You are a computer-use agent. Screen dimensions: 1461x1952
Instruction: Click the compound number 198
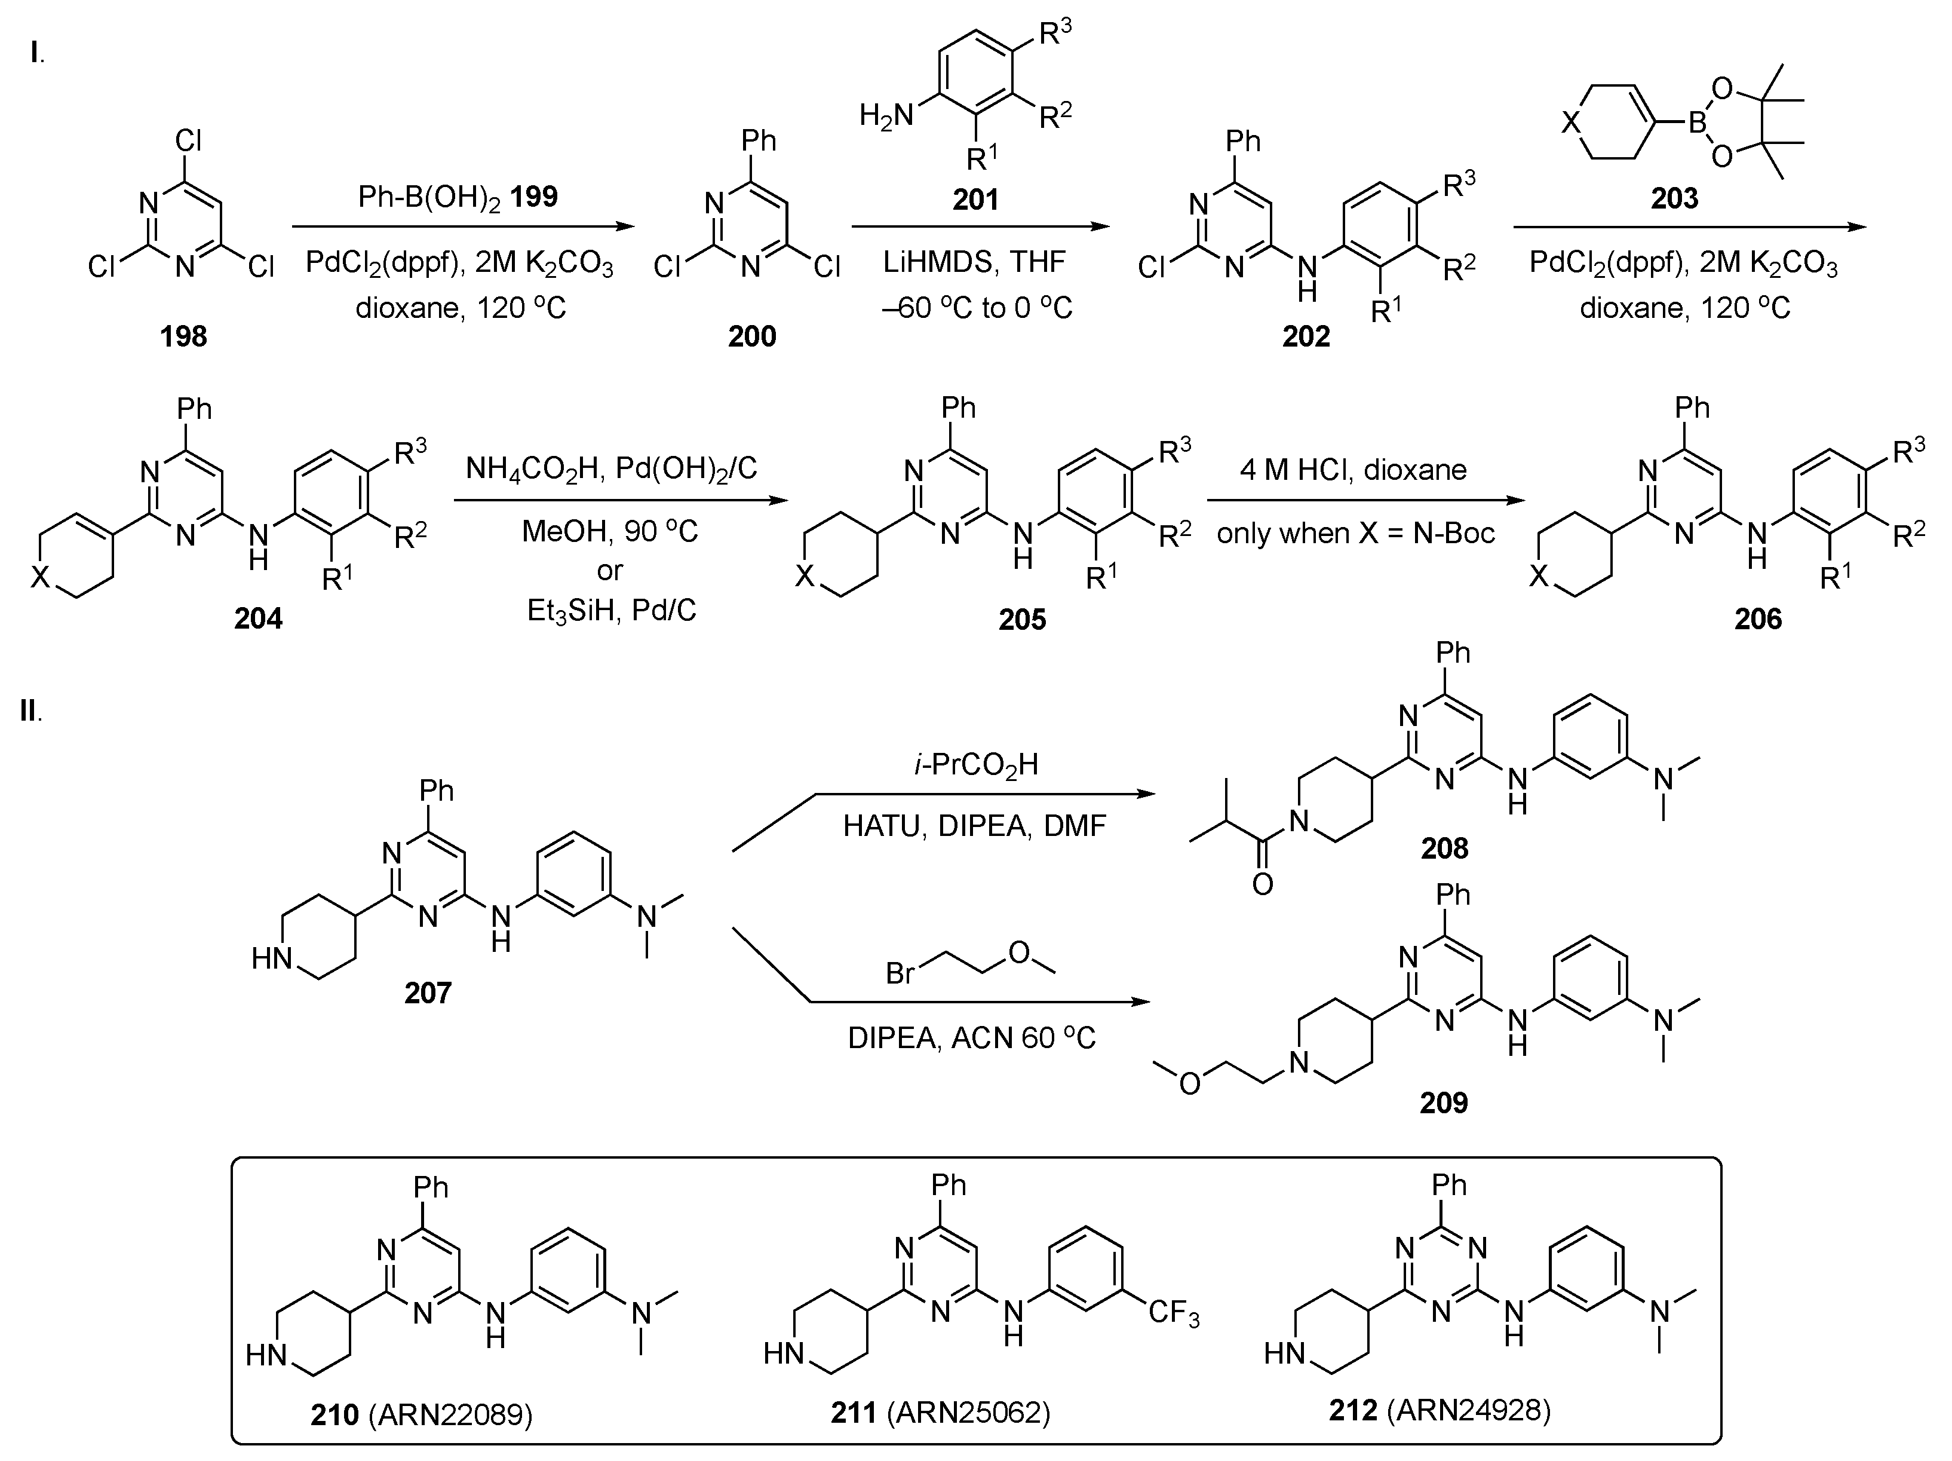click(183, 336)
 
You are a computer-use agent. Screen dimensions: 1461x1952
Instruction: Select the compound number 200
click(752, 336)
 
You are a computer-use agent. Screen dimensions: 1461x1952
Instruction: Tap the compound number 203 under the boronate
click(1674, 198)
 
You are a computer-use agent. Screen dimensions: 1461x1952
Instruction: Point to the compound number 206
click(1758, 619)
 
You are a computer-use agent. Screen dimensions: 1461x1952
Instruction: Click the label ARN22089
click(449, 1414)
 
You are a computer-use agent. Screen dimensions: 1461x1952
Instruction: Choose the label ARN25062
click(968, 1413)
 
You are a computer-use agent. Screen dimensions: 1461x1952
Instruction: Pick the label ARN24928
click(1468, 1410)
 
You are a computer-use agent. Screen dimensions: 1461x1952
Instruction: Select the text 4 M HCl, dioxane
click(1353, 470)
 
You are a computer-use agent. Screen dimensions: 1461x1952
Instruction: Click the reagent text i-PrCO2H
click(976, 764)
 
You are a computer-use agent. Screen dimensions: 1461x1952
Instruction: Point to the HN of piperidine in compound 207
click(271, 958)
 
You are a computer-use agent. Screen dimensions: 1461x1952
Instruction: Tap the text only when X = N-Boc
click(1355, 533)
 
